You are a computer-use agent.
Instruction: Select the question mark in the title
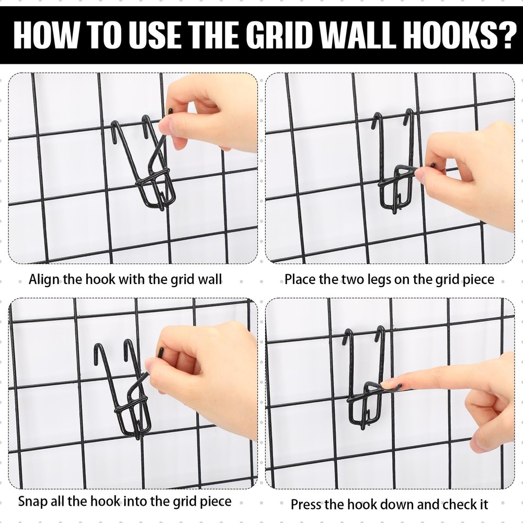pos(504,35)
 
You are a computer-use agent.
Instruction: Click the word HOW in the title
pos(44,35)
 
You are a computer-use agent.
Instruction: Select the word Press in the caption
pos(306,505)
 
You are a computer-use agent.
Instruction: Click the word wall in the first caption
pos(210,279)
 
